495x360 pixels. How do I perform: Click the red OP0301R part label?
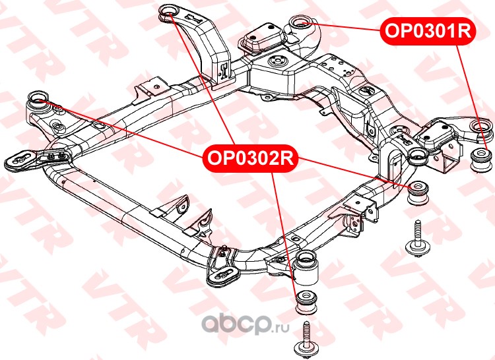(x=427, y=30)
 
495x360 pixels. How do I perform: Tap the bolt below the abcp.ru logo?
(x=306, y=338)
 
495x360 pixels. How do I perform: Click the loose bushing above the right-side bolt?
(x=418, y=193)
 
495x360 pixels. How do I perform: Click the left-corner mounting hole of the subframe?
(x=38, y=101)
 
